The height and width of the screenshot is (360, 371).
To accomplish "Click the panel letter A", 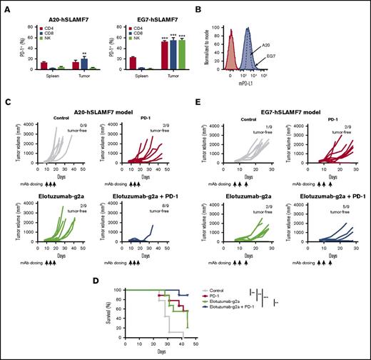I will (x=6, y=6).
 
